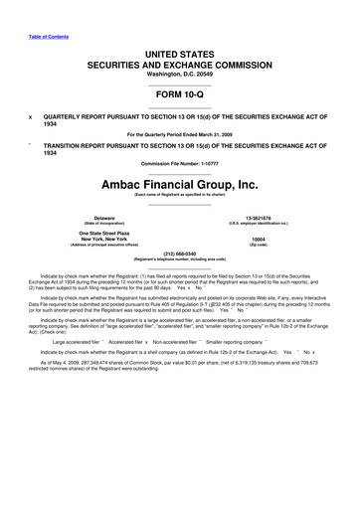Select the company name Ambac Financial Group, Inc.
click(x=179, y=184)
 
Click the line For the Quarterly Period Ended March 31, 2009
click(x=179, y=132)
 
